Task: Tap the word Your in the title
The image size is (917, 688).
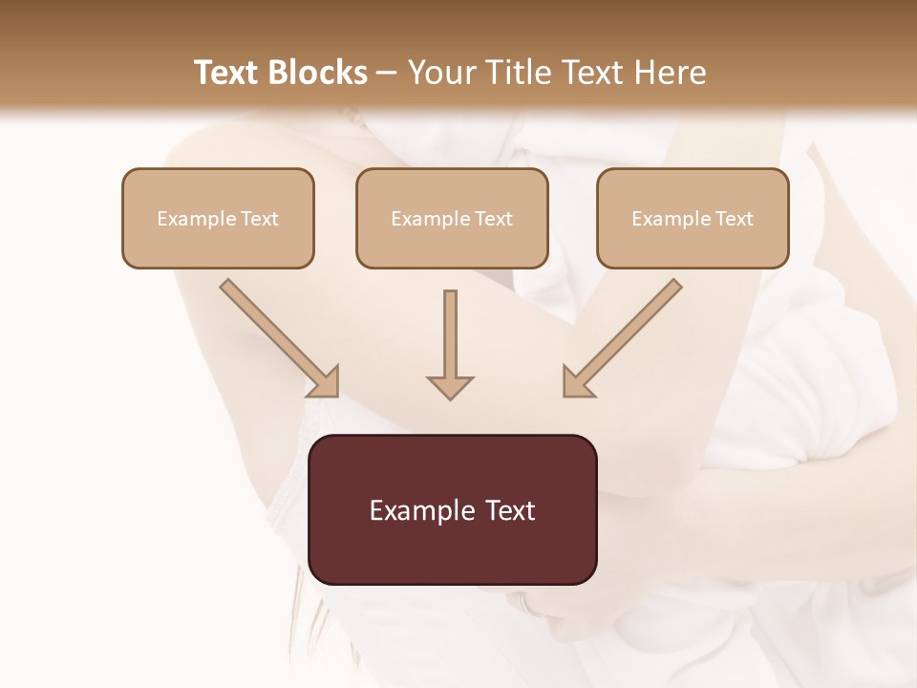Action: (440, 73)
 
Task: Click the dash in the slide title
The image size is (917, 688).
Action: (387, 74)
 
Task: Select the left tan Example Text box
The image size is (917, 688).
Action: (218, 218)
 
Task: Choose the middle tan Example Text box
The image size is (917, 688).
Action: (452, 218)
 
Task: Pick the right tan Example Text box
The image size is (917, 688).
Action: (693, 218)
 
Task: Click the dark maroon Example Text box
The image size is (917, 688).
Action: (452, 509)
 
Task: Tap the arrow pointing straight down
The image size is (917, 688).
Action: (450, 343)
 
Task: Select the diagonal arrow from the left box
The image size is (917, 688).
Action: (280, 337)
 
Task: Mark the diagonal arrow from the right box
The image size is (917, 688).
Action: (623, 337)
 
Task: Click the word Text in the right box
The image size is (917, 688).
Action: (734, 219)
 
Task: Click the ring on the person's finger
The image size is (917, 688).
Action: (523, 604)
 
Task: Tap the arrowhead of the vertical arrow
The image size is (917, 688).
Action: (450, 387)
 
